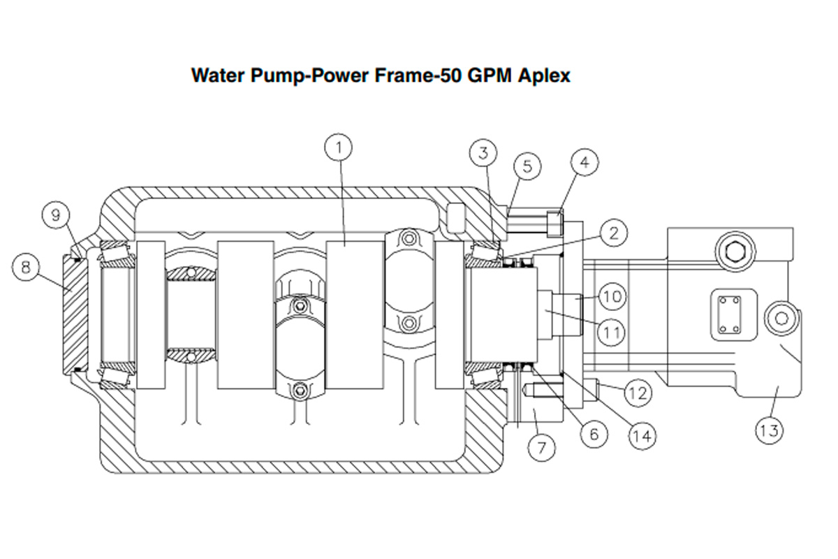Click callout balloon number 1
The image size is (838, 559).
[x=339, y=147]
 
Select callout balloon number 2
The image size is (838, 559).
[x=612, y=233]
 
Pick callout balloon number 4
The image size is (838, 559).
[x=585, y=163]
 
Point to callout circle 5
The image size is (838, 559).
[x=527, y=166]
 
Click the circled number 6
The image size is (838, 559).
[x=593, y=433]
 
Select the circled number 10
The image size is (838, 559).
[x=612, y=296]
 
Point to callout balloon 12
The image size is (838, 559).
[x=637, y=393]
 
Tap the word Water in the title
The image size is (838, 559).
[x=216, y=75]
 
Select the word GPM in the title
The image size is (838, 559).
[x=490, y=75]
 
